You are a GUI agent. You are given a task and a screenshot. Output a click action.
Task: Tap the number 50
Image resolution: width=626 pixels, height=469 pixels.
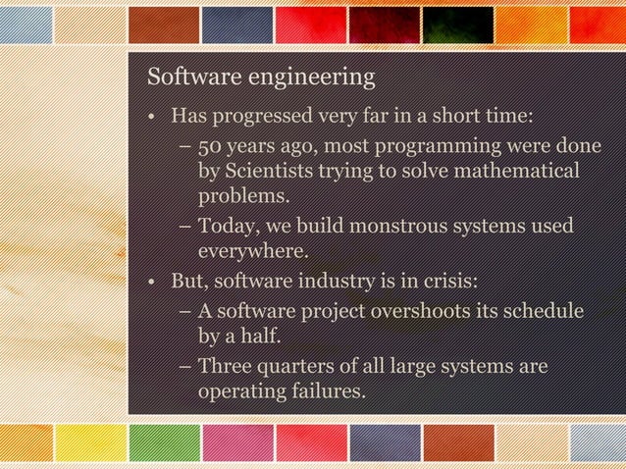click(208, 148)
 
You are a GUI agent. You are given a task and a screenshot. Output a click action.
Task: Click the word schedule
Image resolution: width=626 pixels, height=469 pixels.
click(549, 313)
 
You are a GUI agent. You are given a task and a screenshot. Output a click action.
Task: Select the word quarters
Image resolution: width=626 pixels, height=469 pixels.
click(299, 368)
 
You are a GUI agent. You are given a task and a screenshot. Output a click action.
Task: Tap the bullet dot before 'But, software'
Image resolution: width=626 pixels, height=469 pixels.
click(151, 285)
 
